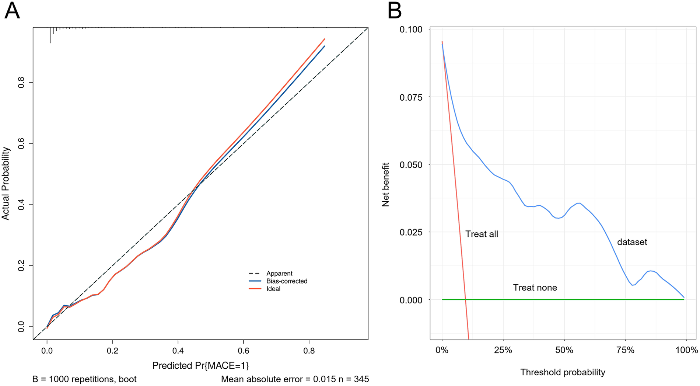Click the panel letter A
click(x=12, y=11)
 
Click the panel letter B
click(x=394, y=11)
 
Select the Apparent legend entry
click(x=279, y=274)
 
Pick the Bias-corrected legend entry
click(x=287, y=281)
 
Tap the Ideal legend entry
click(x=273, y=289)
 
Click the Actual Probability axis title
click(x=6, y=183)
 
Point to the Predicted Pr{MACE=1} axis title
click(x=200, y=365)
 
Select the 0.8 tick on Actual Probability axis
click(x=21, y=83)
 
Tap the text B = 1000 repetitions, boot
click(x=84, y=379)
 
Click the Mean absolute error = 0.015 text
click(x=278, y=379)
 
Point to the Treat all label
click(x=482, y=234)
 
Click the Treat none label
click(x=535, y=288)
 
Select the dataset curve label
click(x=632, y=242)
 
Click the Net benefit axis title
click(x=386, y=184)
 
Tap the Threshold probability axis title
click(x=563, y=372)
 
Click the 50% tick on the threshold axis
click(x=564, y=350)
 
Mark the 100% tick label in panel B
click(x=686, y=350)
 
